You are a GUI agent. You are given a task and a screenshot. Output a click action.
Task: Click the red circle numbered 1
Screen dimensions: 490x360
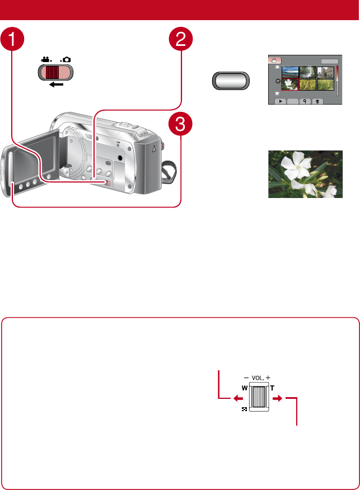[13, 41]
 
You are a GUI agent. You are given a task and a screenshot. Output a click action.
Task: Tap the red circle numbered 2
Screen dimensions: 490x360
[181, 41]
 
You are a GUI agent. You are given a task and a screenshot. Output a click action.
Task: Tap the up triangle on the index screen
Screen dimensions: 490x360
[277, 67]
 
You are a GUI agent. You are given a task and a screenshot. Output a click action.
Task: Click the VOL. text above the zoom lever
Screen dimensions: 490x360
[258, 378]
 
